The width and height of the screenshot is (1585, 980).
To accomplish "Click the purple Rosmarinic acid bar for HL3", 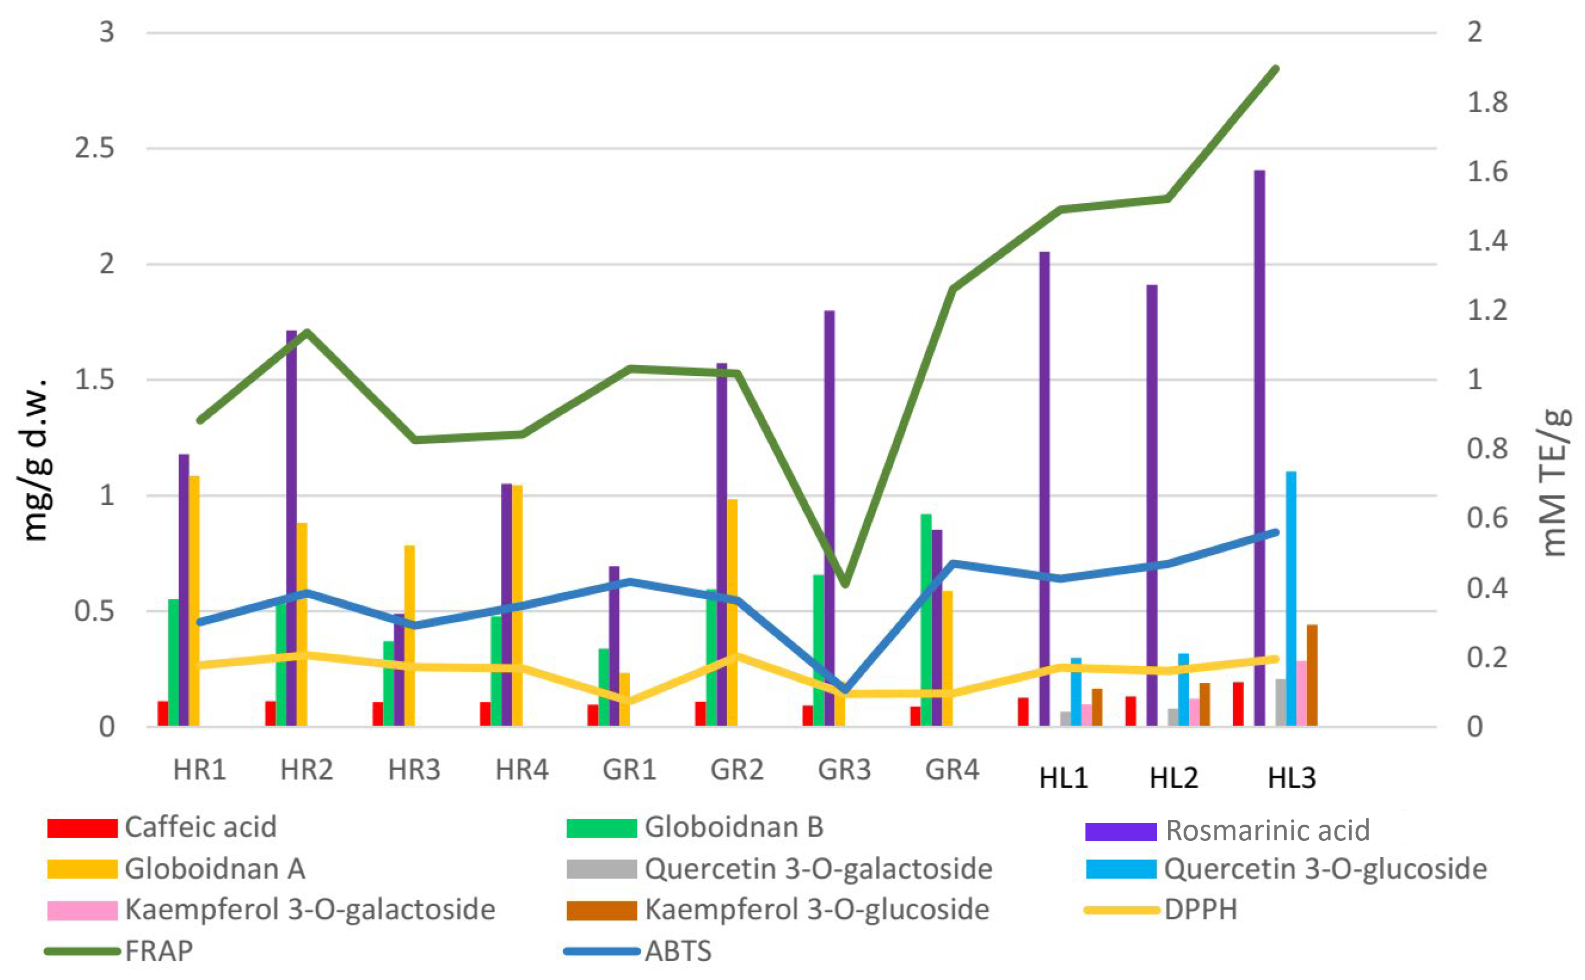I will coord(1259,447).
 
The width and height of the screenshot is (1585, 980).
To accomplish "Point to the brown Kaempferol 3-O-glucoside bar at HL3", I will coord(1312,675).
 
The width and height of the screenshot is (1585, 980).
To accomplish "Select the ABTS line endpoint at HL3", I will coord(1276,532).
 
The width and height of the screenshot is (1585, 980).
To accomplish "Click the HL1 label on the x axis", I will coord(1063,778).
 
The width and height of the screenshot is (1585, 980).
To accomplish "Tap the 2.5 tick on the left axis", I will coord(94,148).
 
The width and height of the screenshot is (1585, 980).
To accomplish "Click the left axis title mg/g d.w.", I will coord(36,460).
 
